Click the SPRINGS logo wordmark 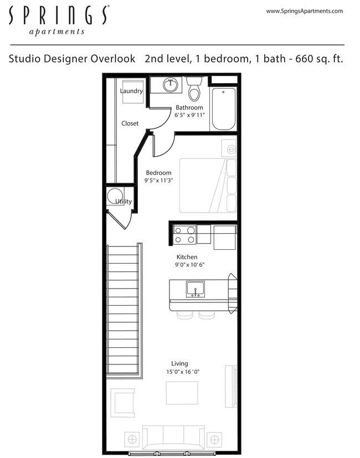[58, 16]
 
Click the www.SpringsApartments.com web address [304, 11]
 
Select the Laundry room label [131, 91]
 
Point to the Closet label [130, 123]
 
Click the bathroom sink [171, 85]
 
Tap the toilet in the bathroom [194, 89]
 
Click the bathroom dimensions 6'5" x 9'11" [190, 115]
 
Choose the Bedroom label [158, 173]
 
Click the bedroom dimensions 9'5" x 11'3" [158, 181]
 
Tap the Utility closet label [124, 202]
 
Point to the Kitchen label [187, 257]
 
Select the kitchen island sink [195, 289]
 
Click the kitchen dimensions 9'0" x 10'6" [187, 265]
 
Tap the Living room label [179, 364]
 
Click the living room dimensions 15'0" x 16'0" [182, 372]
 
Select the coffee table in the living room [182, 393]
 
